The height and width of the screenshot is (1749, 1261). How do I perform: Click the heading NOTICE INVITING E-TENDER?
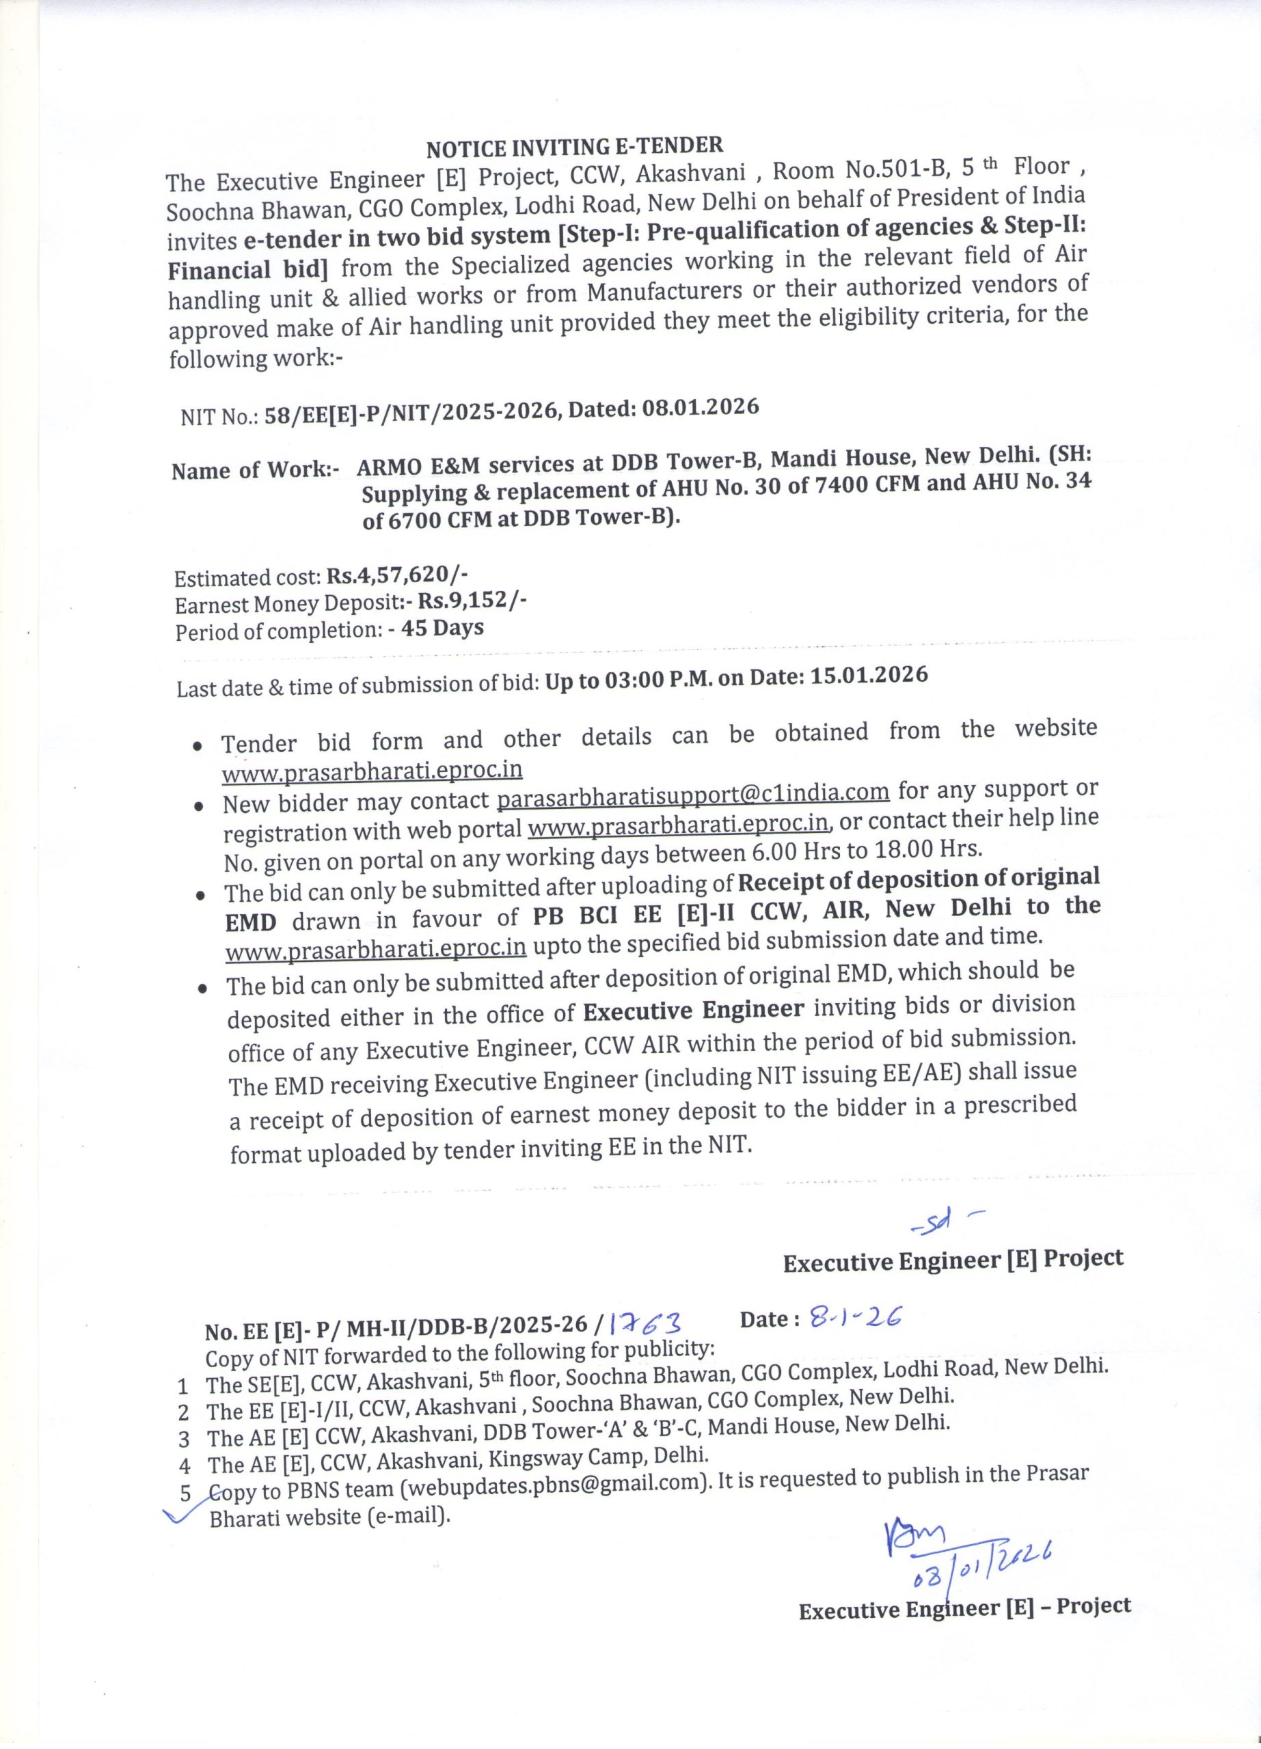pos(575,146)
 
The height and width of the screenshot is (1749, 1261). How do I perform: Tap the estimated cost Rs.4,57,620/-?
pos(397,575)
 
